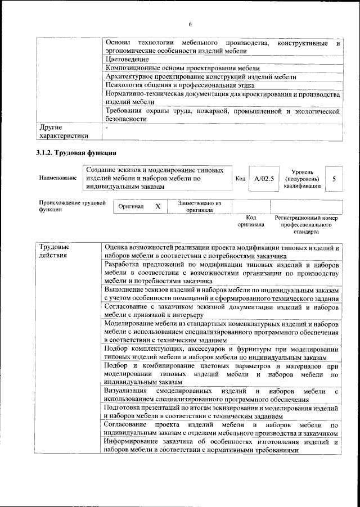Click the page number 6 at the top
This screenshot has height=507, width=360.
click(190, 24)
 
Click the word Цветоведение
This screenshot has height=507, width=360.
click(127, 59)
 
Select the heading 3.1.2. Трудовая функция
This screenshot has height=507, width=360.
click(76, 152)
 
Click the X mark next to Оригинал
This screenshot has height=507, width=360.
click(157, 206)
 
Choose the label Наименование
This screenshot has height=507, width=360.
click(58, 178)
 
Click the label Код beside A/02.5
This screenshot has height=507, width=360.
click(240, 178)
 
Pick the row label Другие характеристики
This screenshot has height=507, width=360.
click(61, 132)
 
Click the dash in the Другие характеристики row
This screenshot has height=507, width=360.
click(106, 128)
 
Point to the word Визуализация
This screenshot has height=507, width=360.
click(126, 391)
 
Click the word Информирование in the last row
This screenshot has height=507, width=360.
click(132, 442)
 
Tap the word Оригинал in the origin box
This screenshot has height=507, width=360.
click(130, 207)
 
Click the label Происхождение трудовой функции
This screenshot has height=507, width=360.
click(72, 206)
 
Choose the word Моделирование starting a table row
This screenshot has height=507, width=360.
click(132, 324)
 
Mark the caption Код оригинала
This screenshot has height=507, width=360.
click(251, 221)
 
